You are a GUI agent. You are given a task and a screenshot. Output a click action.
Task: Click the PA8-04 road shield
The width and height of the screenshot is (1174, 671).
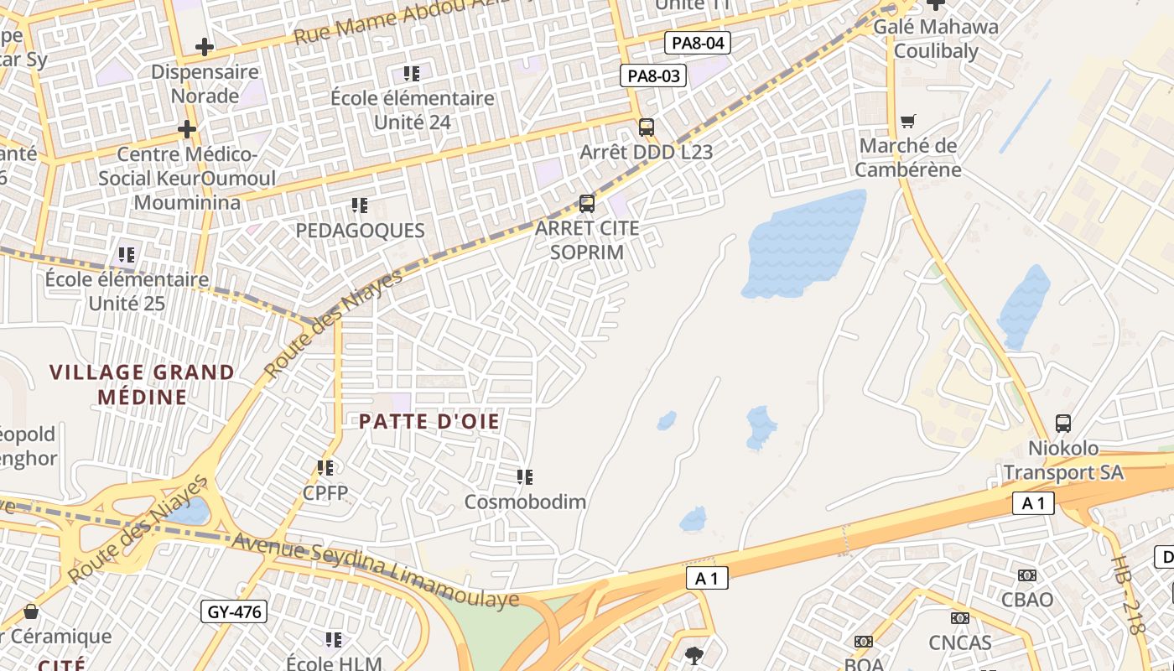point(698,43)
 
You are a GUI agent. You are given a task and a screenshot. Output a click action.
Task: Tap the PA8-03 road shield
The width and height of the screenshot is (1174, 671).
point(653,76)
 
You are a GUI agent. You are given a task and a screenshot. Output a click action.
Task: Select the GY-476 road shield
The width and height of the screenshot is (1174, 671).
point(235,612)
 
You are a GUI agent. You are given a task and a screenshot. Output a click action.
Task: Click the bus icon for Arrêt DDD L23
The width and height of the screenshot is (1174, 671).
point(647,127)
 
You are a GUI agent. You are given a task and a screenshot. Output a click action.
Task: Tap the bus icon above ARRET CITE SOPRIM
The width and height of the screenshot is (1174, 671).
point(587,204)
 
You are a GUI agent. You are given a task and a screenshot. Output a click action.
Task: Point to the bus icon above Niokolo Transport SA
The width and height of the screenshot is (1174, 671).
point(1063,424)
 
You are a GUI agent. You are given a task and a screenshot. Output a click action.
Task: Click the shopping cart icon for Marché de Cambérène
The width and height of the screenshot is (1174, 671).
point(908,122)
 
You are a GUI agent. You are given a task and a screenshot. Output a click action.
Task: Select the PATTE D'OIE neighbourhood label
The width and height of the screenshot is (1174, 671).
point(429,422)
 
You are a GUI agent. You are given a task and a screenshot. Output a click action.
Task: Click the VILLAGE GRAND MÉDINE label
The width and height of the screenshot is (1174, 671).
point(142,384)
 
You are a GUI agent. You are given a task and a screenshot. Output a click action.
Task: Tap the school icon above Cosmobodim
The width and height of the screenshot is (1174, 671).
point(525,477)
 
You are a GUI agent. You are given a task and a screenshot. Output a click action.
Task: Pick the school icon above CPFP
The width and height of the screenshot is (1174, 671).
point(325,467)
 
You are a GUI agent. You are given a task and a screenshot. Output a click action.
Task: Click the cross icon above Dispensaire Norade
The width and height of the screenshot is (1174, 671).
point(204,47)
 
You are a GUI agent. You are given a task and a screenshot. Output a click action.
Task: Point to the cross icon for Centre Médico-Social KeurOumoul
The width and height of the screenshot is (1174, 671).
point(187,129)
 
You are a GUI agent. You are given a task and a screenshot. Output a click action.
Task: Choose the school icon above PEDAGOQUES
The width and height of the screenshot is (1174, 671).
point(360,205)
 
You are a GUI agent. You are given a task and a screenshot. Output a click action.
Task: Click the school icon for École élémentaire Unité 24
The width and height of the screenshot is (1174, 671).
point(412,74)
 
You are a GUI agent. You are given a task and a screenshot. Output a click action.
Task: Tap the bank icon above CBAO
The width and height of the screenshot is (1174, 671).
point(1027,575)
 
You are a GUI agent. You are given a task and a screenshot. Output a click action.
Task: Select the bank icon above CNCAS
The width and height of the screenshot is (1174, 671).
point(960,618)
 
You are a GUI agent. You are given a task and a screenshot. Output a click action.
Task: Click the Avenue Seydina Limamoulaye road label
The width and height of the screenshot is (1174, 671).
point(375,570)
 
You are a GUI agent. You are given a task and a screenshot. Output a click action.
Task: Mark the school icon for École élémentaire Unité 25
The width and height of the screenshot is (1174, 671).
point(127,254)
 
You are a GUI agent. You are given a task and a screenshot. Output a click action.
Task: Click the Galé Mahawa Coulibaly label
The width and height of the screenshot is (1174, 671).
point(936,39)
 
